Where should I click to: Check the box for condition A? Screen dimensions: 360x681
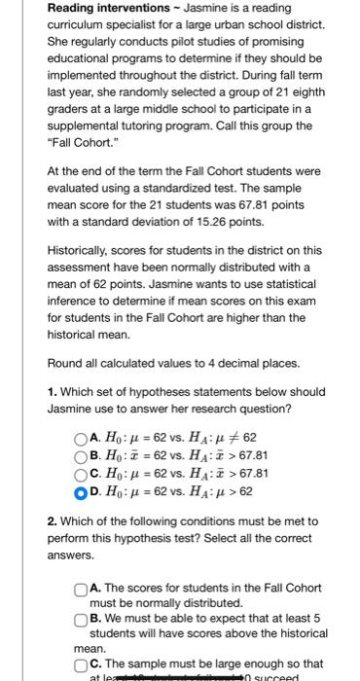click(x=80, y=588)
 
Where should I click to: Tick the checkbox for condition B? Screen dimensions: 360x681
click(x=80, y=620)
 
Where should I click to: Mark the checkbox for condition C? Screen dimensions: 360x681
click(x=80, y=665)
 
